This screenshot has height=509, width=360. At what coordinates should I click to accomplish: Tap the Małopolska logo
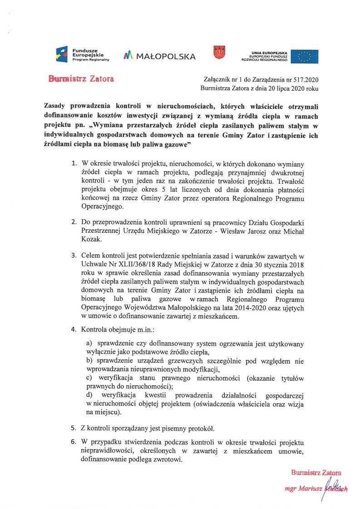[x=159, y=56]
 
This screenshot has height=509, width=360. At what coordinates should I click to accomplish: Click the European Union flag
[x=305, y=56]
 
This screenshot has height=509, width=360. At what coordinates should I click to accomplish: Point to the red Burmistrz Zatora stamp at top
[x=81, y=78]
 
